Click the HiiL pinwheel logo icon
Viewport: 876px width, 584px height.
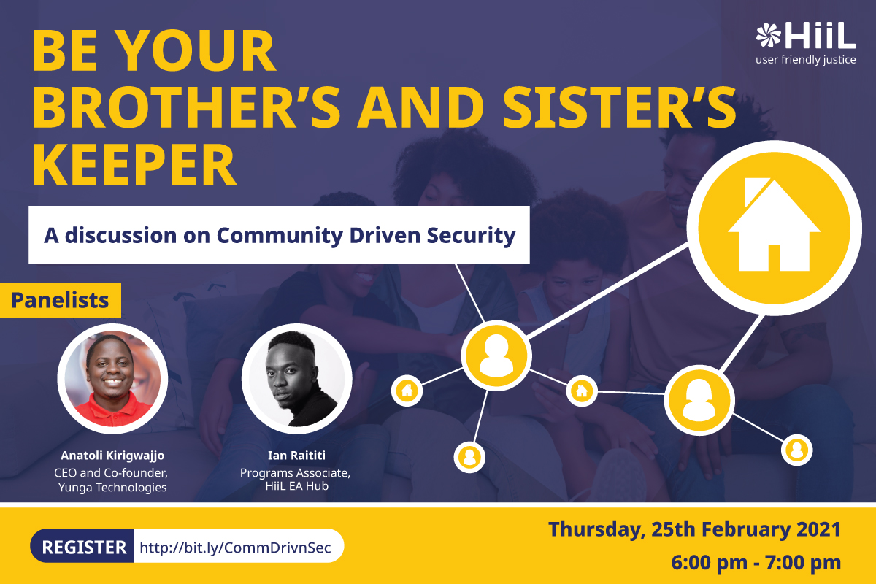[768, 35]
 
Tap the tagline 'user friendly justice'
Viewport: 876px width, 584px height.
[806, 60]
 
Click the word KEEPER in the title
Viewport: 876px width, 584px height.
[134, 164]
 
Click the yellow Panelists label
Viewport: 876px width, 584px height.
[60, 300]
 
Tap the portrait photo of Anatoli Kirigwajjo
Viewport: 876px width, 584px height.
[112, 379]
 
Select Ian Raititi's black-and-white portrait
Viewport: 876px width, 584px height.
[297, 379]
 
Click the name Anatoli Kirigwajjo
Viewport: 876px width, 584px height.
[112, 456]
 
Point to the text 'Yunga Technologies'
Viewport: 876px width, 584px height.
[112, 488]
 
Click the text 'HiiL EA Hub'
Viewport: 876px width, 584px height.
[297, 486]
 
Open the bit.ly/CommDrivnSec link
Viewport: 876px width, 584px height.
[235, 547]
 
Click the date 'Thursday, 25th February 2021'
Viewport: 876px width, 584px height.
[694, 530]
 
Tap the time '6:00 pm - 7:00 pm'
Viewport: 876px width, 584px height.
[756, 563]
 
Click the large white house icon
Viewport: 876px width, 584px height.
[775, 225]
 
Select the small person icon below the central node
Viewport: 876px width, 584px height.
[469, 457]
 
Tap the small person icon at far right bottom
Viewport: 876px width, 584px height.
[797, 450]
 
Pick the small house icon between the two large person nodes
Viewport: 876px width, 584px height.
[582, 391]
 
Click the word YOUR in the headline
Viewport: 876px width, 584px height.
[196, 51]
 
